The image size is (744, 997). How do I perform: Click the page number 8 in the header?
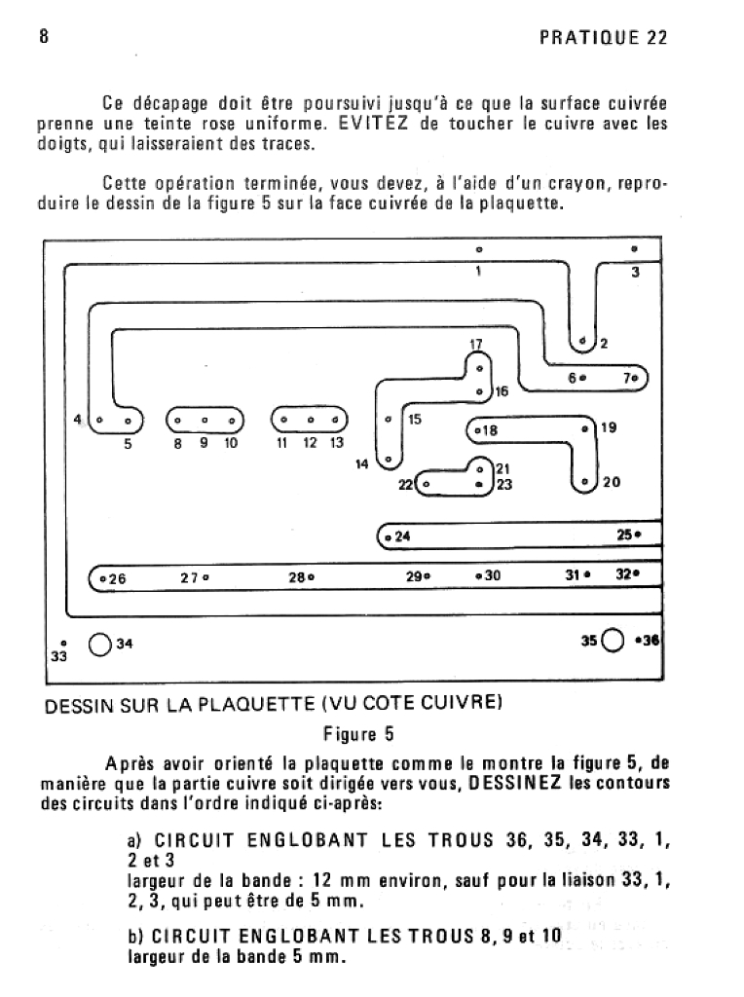click(42, 37)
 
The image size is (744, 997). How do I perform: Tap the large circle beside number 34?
click(99, 644)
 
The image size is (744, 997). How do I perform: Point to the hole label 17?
click(476, 345)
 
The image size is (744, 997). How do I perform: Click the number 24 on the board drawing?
click(403, 536)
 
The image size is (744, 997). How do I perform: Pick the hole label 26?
click(118, 578)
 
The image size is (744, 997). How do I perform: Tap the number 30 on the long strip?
click(492, 575)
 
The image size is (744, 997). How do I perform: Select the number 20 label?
click(611, 482)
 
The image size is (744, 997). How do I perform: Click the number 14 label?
click(362, 464)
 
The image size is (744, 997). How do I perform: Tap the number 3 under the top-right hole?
click(635, 273)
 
